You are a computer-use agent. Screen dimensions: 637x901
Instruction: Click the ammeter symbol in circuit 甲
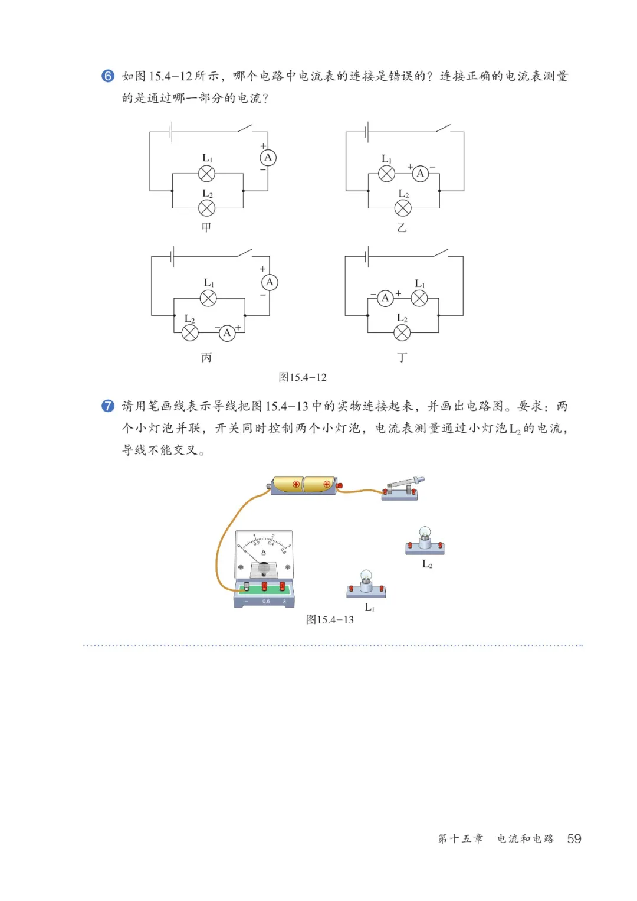[268, 158]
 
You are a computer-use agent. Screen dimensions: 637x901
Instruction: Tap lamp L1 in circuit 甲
[206, 174]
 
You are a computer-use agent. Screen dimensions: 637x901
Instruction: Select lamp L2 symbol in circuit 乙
[403, 208]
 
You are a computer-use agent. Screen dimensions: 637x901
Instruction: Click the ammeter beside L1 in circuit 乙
[420, 174]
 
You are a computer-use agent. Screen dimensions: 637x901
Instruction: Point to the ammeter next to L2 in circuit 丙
[227, 333]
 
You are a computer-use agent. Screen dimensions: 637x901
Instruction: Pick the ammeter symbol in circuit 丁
[385, 298]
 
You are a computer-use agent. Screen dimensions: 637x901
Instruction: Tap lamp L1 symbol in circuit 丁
[419, 298]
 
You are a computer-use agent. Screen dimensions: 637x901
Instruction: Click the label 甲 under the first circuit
[206, 227]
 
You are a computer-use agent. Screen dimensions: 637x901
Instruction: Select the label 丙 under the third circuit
[206, 357]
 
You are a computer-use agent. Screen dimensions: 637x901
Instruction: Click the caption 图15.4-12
[302, 377]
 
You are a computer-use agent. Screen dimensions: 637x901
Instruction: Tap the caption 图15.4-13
[330, 619]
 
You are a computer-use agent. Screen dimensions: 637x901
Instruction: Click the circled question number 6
[108, 76]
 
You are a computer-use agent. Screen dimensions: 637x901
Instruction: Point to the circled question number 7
[108, 406]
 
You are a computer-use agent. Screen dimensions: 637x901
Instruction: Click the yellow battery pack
[303, 485]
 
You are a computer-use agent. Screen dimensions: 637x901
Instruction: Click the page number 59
[574, 838]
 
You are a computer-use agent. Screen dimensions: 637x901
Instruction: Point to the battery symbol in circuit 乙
[367, 132]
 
